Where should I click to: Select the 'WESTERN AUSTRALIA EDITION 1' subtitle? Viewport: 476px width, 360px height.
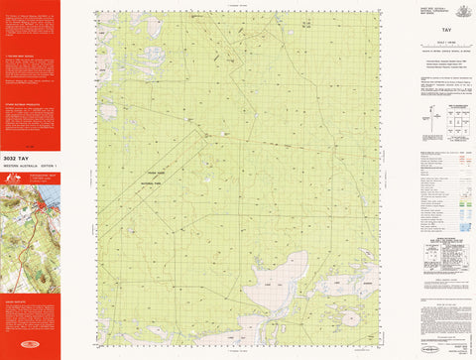tap(30, 165)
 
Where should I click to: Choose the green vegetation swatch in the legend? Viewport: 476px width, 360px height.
tap(461, 198)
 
